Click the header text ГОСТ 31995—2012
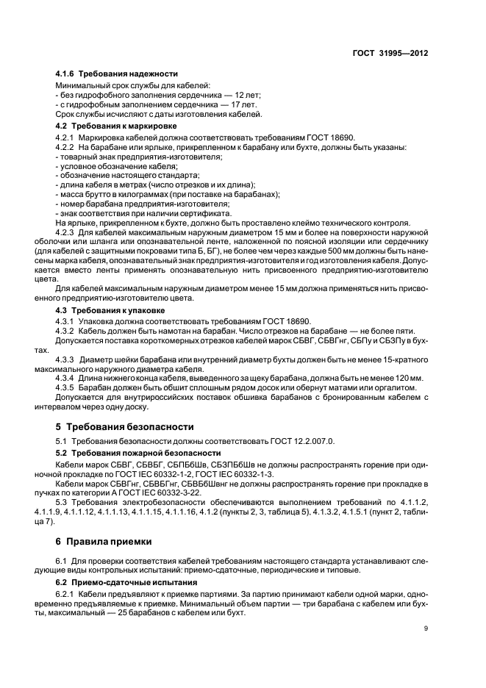[x=390, y=54]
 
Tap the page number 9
[x=426, y=628]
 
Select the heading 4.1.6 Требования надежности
[x=117, y=74]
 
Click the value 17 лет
[x=242, y=106]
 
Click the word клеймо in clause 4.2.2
[x=321, y=223]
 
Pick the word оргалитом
[x=400, y=387]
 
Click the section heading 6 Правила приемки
[x=104, y=542]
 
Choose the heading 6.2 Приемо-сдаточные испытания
[x=120, y=580]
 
